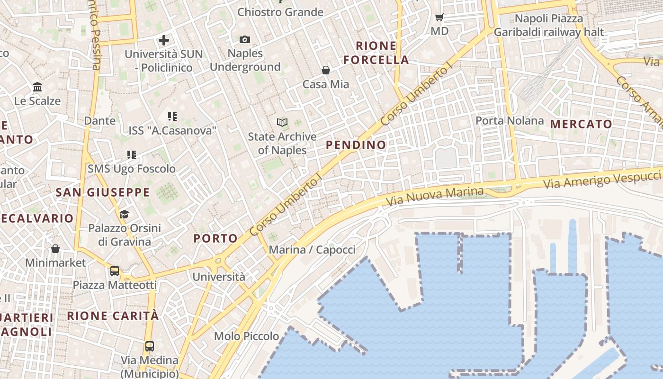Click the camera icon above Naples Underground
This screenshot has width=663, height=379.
(x=245, y=39)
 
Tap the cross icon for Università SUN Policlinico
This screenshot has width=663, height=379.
(x=164, y=40)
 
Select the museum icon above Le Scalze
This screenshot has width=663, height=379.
(x=37, y=87)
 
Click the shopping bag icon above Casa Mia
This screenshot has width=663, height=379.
(x=326, y=71)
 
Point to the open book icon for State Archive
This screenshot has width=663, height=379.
(x=282, y=123)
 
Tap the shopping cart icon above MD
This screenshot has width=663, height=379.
(x=439, y=18)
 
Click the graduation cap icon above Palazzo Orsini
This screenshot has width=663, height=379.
(x=124, y=215)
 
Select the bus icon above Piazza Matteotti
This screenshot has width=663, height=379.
(x=115, y=271)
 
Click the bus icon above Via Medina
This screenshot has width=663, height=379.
(x=150, y=346)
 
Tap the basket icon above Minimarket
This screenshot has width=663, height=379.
(x=55, y=249)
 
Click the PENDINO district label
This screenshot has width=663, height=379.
(x=356, y=145)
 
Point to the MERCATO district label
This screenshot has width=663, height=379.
(x=581, y=124)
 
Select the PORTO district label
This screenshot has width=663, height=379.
(x=215, y=238)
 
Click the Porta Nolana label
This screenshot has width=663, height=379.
(x=510, y=120)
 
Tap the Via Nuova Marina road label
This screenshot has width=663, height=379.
(x=435, y=197)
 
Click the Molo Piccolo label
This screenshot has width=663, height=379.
(x=246, y=336)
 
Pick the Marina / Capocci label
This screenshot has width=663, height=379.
(x=312, y=250)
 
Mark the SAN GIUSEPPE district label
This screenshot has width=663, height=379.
(x=103, y=192)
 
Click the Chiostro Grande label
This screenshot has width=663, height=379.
(x=280, y=12)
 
